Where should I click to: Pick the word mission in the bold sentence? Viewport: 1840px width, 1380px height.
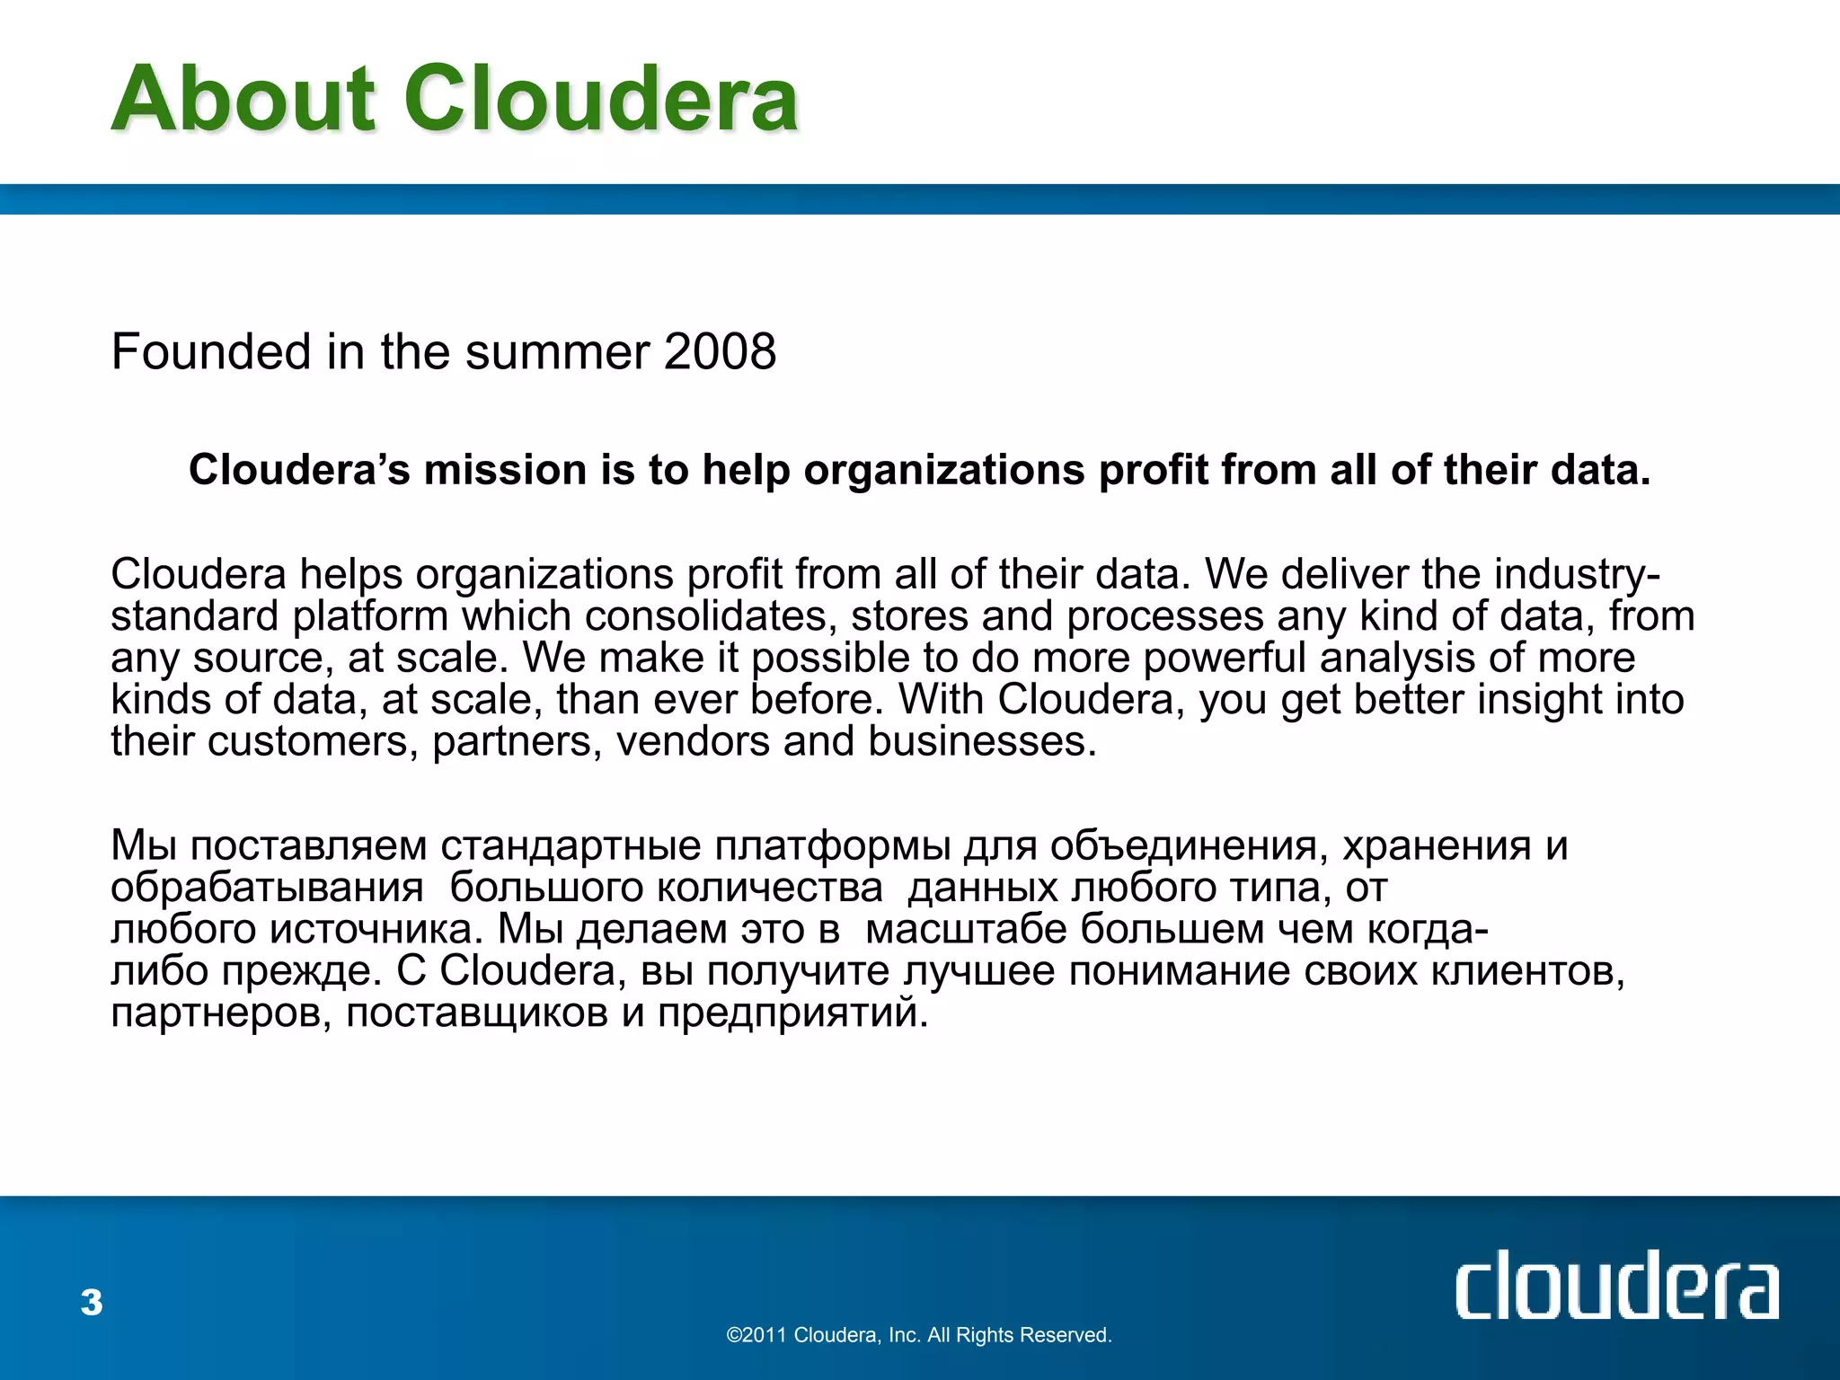(x=505, y=470)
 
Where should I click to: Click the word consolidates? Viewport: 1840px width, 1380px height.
(x=712, y=616)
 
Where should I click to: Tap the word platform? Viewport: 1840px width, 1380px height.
(x=370, y=616)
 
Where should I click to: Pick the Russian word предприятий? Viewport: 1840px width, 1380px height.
(x=792, y=1013)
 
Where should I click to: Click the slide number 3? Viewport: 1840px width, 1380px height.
(x=92, y=1302)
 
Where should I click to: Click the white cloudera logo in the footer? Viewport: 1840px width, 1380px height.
(x=1616, y=1286)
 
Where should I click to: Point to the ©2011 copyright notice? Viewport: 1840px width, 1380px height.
(x=919, y=1335)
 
